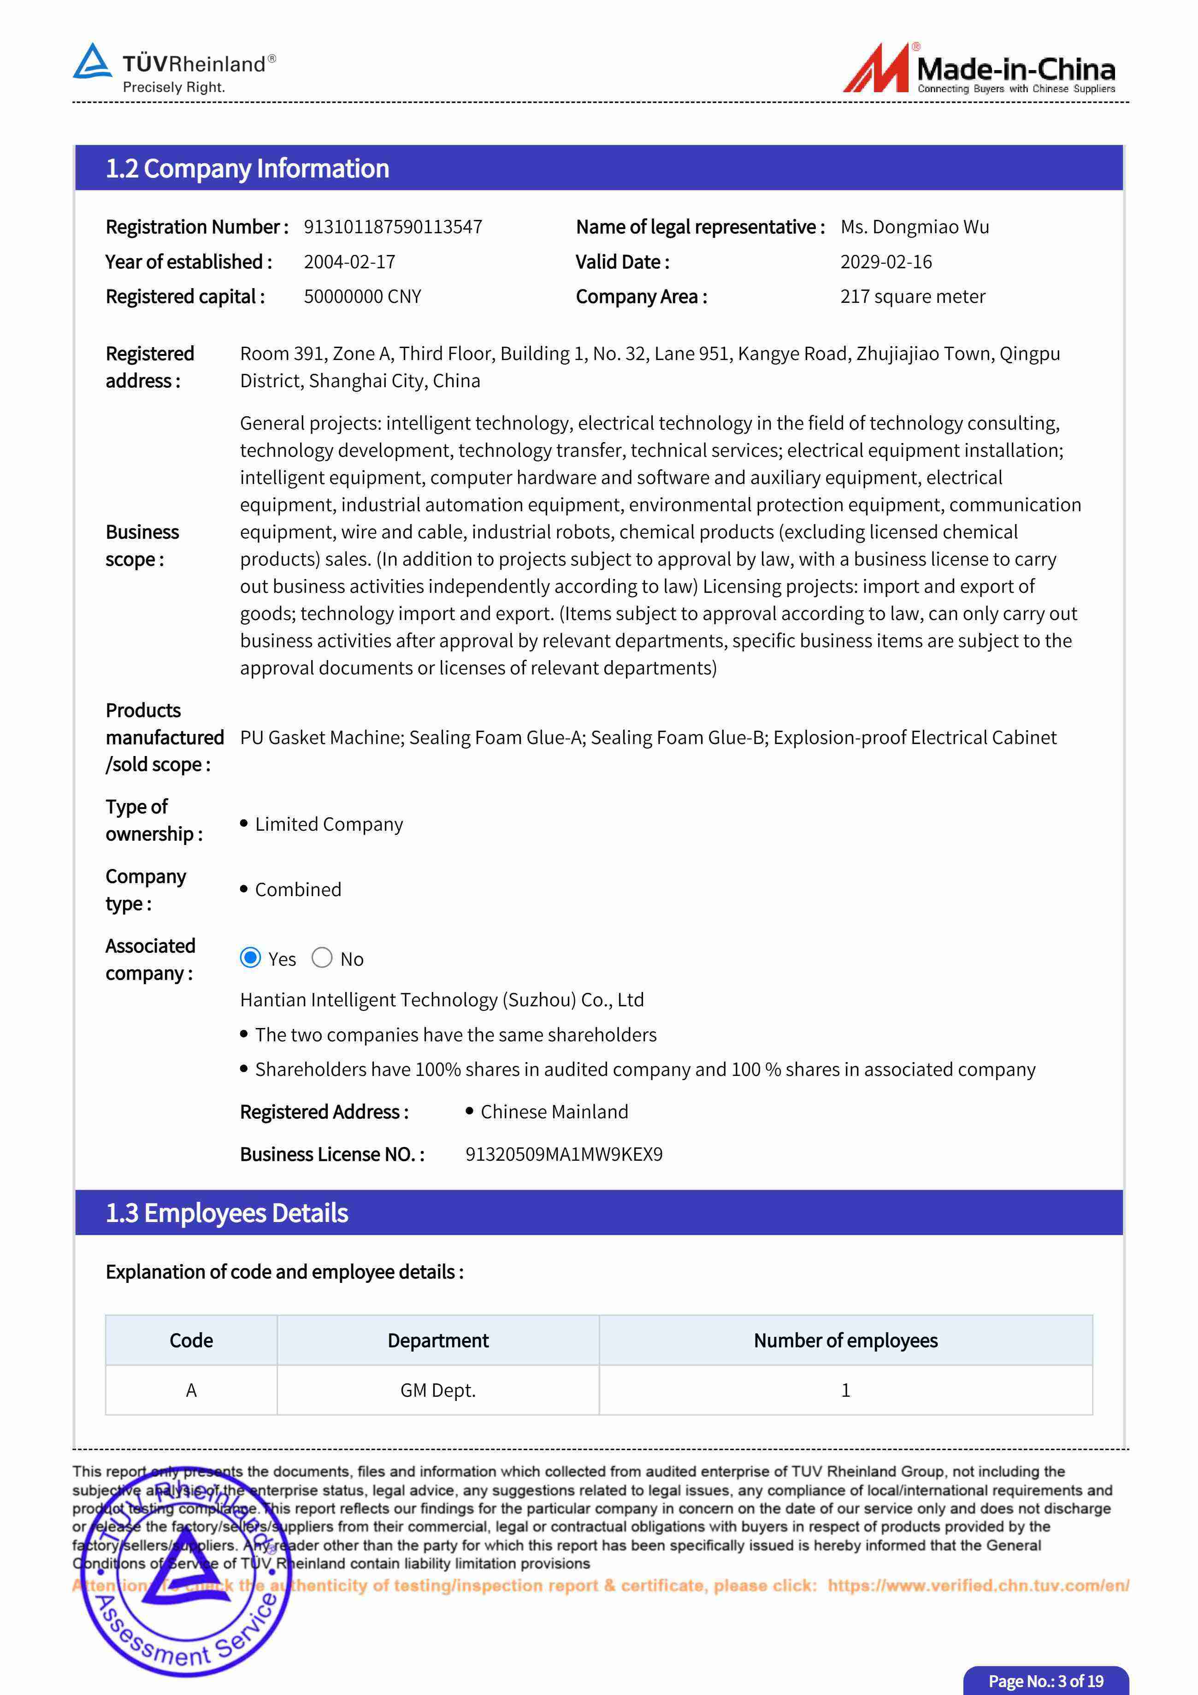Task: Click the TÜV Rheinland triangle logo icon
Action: [92, 62]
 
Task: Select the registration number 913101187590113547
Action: [393, 227]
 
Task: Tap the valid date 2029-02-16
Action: [886, 262]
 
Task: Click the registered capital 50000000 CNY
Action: [362, 297]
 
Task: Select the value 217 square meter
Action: [912, 297]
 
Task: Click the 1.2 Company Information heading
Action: [247, 168]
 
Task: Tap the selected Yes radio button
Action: [250, 957]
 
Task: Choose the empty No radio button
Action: [322, 957]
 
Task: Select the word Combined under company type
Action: [298, 890]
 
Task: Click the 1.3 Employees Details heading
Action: [227, 1213]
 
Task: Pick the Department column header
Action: [438, 1340]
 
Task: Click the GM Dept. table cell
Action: [438, 1390]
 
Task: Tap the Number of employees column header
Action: [845, 1340]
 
